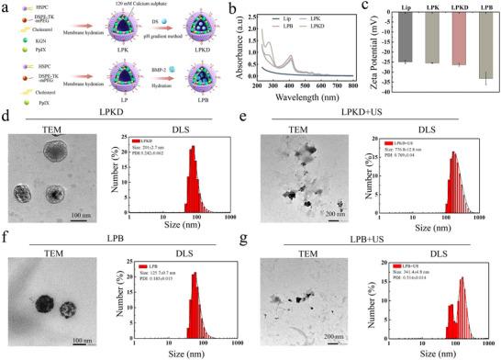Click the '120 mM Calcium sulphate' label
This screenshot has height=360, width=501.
click(135, 5)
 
